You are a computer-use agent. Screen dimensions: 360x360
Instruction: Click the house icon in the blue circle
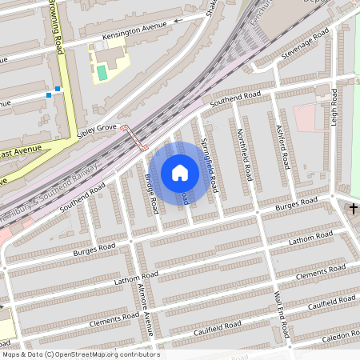pyautogui.click(x=180, y=172)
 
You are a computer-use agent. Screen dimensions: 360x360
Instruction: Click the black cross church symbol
pyautogui.click(x=354, y=209)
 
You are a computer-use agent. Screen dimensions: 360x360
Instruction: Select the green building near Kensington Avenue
pyautogui.click(x=102, y=72)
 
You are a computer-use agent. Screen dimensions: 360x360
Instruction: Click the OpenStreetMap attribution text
pyautogui.click(x=80, y=354)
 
